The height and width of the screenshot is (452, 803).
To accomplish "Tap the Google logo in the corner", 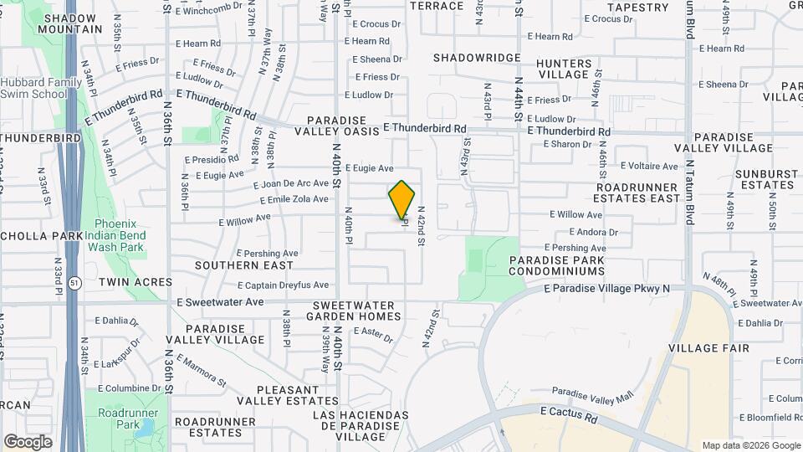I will pos(28,441).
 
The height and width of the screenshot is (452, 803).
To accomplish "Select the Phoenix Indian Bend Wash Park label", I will pos(119,235).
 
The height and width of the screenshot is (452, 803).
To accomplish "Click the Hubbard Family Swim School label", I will pos(41,88).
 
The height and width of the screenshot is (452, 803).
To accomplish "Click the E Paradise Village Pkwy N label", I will pos(607,289).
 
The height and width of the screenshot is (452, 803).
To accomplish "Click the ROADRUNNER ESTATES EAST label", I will pos(637,193).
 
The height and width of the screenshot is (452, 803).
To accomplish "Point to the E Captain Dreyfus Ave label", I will pos(284,285).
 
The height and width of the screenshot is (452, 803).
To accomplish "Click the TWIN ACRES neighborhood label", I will pos(136,283).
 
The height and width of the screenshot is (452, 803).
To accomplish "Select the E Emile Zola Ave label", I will pos(294,200).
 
